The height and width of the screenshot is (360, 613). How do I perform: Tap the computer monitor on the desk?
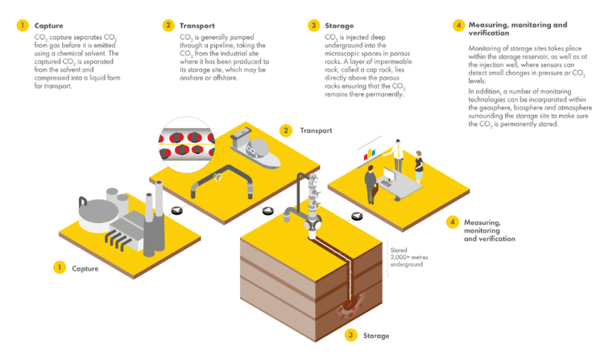click(x=387, y=172)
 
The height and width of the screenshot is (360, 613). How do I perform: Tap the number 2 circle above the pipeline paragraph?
click(x=168, y=25)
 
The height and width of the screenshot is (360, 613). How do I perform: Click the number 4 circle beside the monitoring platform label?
click(x=453, y=221)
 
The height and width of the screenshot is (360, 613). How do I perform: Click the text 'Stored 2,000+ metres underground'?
click(x=407, y=257)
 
